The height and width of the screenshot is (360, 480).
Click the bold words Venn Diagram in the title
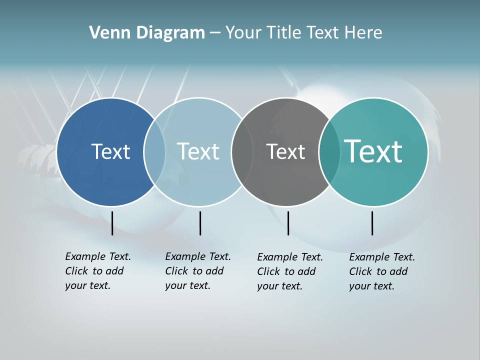coord(147,33)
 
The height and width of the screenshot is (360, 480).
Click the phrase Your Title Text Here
coord(303,33)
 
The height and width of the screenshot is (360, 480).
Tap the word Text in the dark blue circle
coord(110,151)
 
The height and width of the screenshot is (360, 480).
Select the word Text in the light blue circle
coord(198,151)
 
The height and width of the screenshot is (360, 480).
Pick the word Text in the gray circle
coord(285,151)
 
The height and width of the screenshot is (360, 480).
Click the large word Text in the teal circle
coord(373,151)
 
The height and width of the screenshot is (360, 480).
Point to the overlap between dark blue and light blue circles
coord(154,152)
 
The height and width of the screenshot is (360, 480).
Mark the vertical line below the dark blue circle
coord(112,223)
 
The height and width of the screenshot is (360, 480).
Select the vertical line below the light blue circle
coord(200,223)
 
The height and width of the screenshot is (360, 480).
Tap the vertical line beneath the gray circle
coord(288,223)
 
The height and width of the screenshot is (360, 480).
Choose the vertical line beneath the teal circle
coord(372,223)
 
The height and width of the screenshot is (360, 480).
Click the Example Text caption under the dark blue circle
coord(97,271)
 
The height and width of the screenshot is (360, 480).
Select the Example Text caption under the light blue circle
coord(197,271)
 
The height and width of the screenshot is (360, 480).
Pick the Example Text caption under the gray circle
coord(289,271)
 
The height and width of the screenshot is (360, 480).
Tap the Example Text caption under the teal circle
coord(381,271)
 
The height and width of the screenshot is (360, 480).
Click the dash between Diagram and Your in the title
coord(215,33)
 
